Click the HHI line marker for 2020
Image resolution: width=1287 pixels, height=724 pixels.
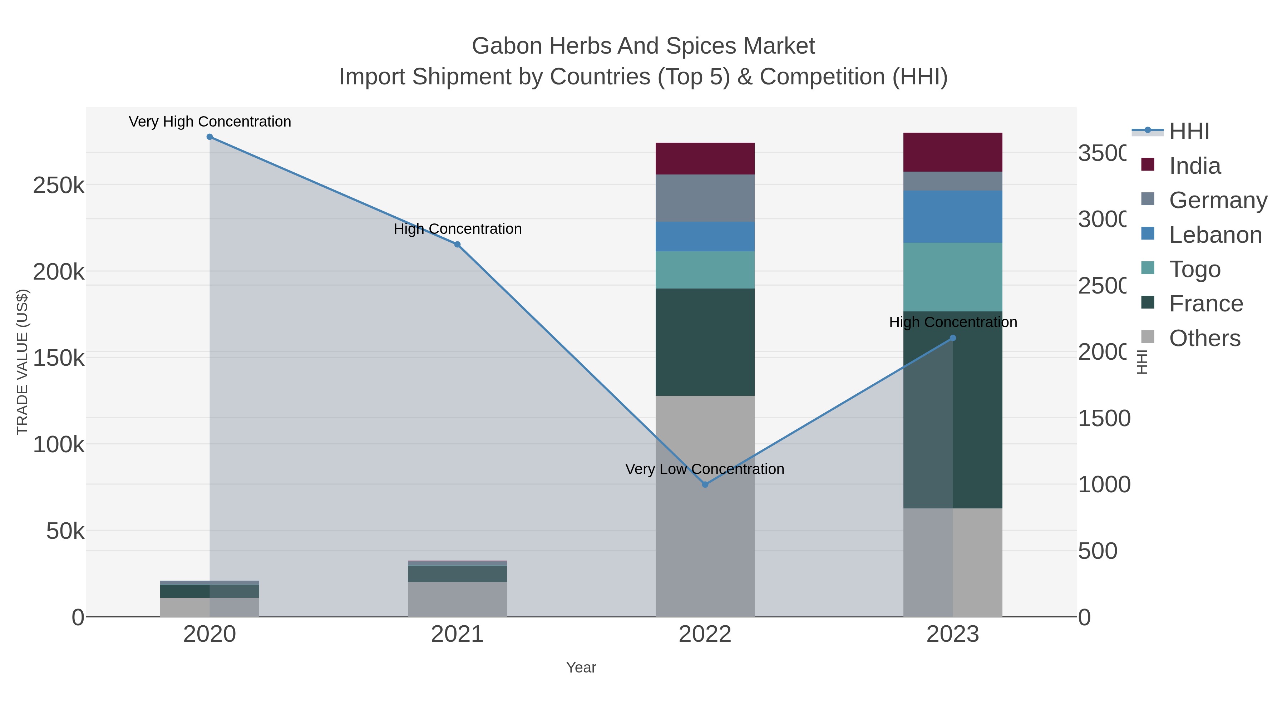pyautogui.click(x=210, y=137)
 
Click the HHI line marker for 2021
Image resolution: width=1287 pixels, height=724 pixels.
pyautogui.click(x=457, y=244)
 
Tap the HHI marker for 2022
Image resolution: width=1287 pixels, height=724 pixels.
pyautogui.click(x=705, y=485)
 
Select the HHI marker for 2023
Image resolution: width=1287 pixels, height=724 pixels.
pyautogui.click(x=953, y=338)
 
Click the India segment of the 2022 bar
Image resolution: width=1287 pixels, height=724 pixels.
pyautogui.click(x=705, y=158)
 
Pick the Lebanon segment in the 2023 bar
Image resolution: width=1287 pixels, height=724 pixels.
pyautogui.click(x=953, y=216)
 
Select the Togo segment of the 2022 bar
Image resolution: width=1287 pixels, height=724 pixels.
pyautogui.click(x=705, y=270)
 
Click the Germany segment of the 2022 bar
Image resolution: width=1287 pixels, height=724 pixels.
pyautogui.click(x=705, y=198)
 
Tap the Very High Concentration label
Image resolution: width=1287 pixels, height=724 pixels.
pyautogui.click(x=210, y=122)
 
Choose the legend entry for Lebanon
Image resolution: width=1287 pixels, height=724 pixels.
pyautogui.click(x=1215, y=235)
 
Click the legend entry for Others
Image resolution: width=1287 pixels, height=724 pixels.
pyautogui.click(x=1204, y=338)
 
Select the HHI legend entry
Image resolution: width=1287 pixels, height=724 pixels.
pyautogui.click(x=1189, y=132)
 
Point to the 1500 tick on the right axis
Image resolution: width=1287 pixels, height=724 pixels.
pyautogui.click(x=1104, y=419)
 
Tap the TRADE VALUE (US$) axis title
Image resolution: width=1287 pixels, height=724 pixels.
pyautogui.click(x=23, y=362)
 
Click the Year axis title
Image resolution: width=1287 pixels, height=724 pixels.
pyautogui.click(x=581, y=668)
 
